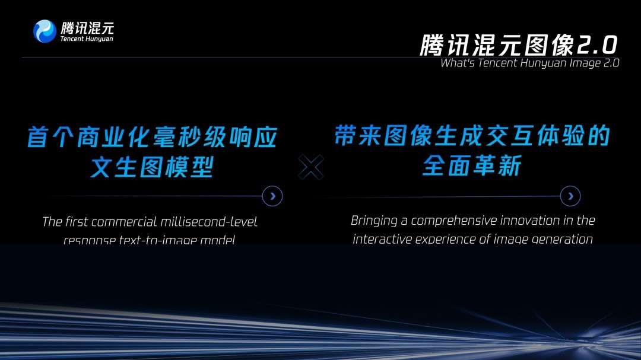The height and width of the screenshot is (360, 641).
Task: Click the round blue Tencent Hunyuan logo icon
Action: tap(45, 31)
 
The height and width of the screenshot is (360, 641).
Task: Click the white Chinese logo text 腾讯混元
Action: tap(87, 27)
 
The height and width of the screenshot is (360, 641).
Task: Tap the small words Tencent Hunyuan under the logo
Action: tap(87, 39)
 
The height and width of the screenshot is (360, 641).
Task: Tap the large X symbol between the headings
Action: tap(310, 167)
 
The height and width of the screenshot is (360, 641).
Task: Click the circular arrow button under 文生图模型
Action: tap(272, 196)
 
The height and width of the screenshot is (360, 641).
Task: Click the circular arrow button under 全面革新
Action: tap(570, 196)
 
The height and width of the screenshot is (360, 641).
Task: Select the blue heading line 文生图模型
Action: tap(151, 168)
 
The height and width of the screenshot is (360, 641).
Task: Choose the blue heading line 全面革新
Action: tap(472, 166)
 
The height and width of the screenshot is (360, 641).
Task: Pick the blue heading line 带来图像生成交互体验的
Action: tap(472, 136)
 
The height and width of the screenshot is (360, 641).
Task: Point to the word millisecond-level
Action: tap(208, 222)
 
